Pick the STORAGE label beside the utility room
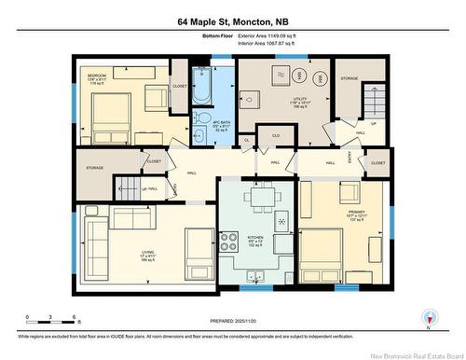pos(348,78)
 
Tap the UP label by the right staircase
pos(374,121)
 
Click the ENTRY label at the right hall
pos(349,159)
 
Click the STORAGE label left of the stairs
pos(94,169)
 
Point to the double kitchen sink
pos(256,273)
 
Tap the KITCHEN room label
pos(255,238)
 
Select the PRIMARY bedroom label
pos(357,213)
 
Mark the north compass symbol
pos(427,318)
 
